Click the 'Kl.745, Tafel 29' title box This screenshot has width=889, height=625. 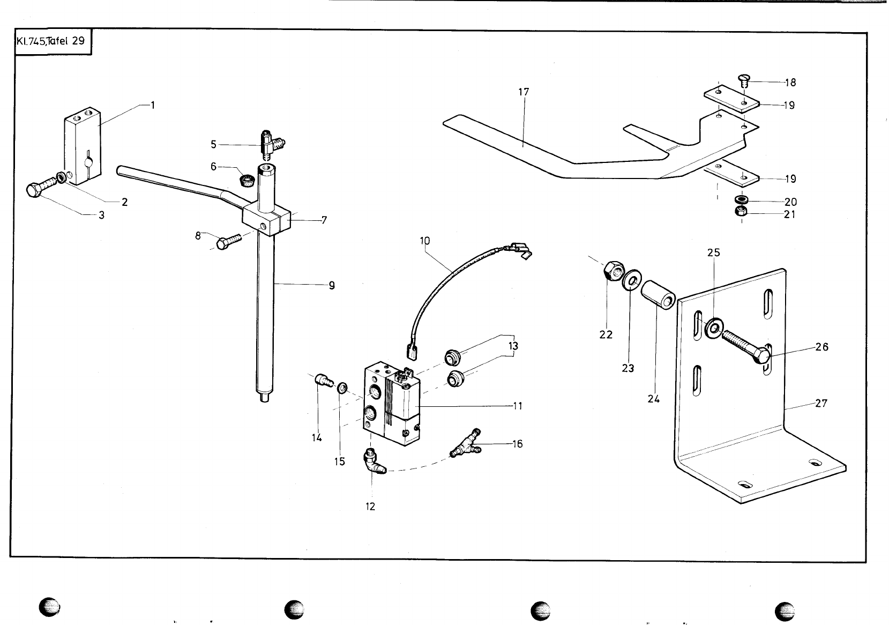pyautogui.click(x=51, y=41)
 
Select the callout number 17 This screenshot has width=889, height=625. pyautogui.click(x=524, y=92)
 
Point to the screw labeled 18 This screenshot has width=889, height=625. pyautogui.click(x=742, y=81)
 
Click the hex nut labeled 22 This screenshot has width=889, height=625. pyautogui.click(x=611, y=271)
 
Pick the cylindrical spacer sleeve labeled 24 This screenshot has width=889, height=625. pyautogui.click(x=658, y=294)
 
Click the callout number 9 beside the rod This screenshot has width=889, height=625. pyautogui.click(x=332, y=286)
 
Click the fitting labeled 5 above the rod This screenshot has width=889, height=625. pyautogui.click(x=271, y=143)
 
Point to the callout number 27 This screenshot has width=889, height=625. pyautogui.click(x=821, y=404)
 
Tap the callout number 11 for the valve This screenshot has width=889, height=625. pyautogui.click(x=517, y=406)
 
